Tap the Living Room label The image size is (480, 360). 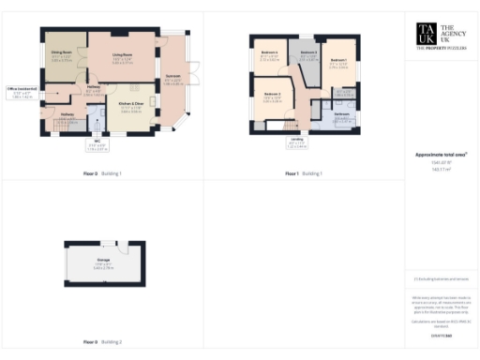point(122,57)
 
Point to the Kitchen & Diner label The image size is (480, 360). point(130,105)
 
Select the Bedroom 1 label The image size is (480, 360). point(338,63)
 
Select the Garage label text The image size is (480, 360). point(104,262)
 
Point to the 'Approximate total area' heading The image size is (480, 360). point(440,154)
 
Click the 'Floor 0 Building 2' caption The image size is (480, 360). point(103,342)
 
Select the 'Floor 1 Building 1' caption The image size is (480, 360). point(304,173)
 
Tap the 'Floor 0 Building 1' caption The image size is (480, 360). point(103,173)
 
